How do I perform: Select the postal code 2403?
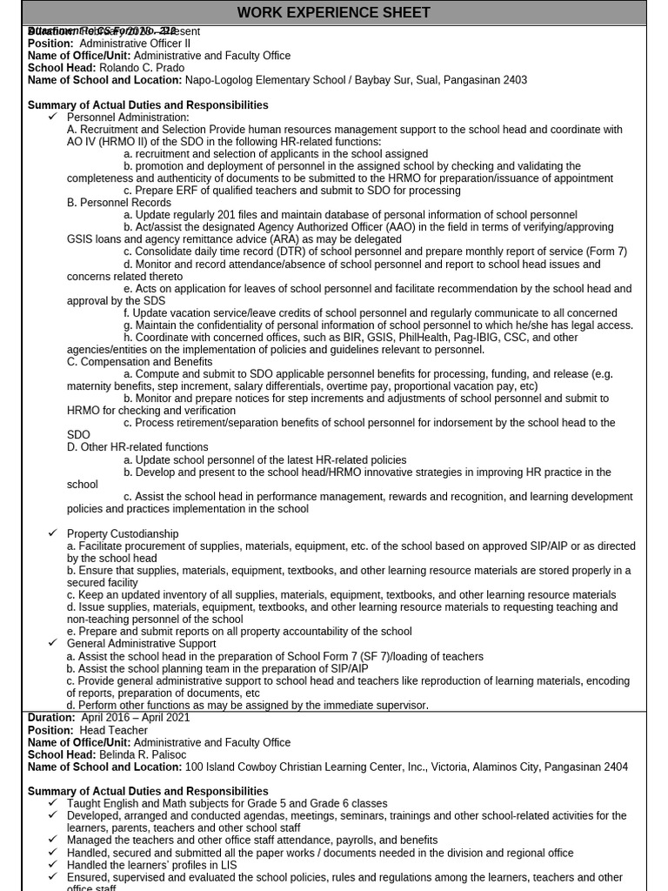coord(514,80)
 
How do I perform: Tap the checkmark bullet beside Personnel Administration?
coord(53,117)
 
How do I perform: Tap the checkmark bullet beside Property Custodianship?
coord(53,533)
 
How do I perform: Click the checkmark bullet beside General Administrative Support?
coord(53,643)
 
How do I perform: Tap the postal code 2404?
coord(614,767)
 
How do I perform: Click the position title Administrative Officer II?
coord(135,43)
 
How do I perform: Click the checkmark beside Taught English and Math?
coord(53,803)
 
